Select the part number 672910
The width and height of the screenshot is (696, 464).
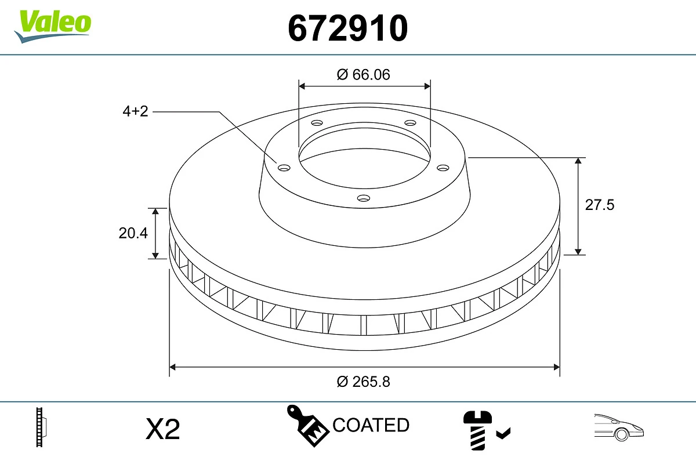click(x=348, y=27)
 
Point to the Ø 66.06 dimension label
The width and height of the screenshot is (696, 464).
click(x=364, y=74)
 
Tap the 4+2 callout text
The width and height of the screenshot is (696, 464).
click(x=135, y=111)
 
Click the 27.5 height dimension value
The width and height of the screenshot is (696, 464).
click(x=599, y=205)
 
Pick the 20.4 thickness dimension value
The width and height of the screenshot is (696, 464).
click(x=133, y=233)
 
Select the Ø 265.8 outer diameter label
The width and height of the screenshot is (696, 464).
click(x=364, y=382)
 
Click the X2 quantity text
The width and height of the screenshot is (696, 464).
click(x=163, y=429)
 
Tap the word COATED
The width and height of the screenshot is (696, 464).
click(x=371, y=425)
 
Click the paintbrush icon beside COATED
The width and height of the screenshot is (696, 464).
click(x=307, y=425)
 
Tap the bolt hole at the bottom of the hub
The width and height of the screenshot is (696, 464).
click(x=364, y=198)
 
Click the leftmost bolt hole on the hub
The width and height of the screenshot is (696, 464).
click(x=284, y=168)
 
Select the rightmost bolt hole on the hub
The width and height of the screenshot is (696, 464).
click(x=443, y=168)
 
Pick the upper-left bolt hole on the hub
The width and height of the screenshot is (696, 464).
click(x=317, y=123)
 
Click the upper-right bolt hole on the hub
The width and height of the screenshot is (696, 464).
click(x=411, y=123)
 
